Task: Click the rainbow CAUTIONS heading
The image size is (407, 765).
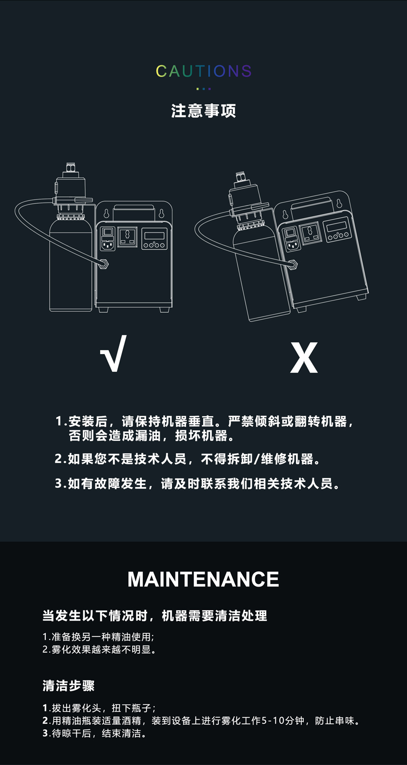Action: coord(203,71)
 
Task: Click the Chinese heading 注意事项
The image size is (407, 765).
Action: coord(203,111)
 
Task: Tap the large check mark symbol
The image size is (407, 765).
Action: coord(113,353)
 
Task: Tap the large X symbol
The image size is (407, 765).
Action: coord(304,358)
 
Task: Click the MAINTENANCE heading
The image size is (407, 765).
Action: coord(203,579)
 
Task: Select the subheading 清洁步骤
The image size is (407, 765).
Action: coord(68,686)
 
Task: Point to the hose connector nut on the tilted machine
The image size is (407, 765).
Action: coord(293,264)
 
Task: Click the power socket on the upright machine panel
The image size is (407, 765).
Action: coord(128,237)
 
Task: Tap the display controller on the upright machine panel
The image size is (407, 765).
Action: coord(155,239)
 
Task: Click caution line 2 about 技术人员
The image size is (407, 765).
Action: coord(188,459)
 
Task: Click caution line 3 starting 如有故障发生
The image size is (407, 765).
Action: coord(197,484)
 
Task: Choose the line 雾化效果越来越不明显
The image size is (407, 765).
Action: coord(99,649)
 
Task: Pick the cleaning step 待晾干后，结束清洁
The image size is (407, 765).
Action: coord(95,733)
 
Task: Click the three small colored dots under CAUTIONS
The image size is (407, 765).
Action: coord(203,89)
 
